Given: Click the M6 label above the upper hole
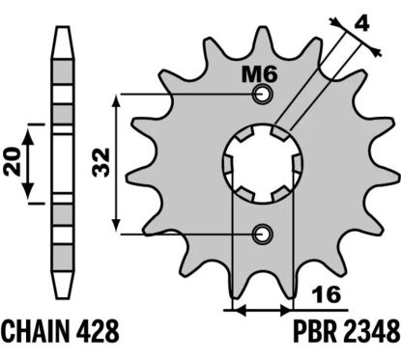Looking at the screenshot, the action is pyautogui.click(x=259, y=75).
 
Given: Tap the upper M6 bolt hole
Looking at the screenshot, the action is pyautogui.click(x=264, y=95).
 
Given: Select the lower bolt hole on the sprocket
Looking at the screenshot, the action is pyautogui.click(x=264, y=234).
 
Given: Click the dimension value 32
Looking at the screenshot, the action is pyautogui.click(x=101, y=162).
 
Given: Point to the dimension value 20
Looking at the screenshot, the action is pyautogui.click(x=13, y=162).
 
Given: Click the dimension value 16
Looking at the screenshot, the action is pyautogui.click(x=327, y=294).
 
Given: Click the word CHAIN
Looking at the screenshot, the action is pyautogui.click(x=37, y=331).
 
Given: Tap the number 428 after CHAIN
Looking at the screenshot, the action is pyautogui.click(x=99, y=331).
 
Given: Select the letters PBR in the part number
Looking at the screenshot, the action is pyautogui.click(x=315, y=331).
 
